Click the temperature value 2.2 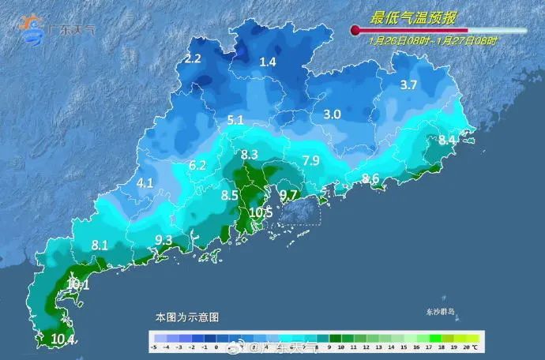(194, 58)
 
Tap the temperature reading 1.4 (269, 62)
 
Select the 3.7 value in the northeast (408, 85)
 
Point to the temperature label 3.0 (332, 114)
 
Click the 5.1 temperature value (235, 121)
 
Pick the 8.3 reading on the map (250, 154)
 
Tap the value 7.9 (310, 161)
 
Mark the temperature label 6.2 (197, 165)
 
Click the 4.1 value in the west (145, 182)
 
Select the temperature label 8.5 (230, 194)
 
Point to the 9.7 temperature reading (288, 194)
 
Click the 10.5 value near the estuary (261, 212)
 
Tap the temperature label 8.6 (370, 178)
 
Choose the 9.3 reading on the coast (163, 239)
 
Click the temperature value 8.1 (100, 246)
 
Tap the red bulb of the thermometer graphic (355, 32)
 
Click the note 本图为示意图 (186, 317)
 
